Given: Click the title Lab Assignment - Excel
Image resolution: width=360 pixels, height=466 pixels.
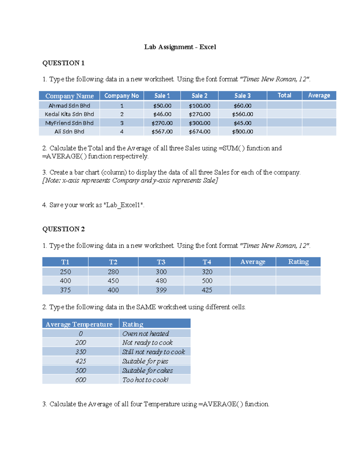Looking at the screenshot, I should point(180,47).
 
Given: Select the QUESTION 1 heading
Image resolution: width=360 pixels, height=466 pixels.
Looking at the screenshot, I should point(63,63).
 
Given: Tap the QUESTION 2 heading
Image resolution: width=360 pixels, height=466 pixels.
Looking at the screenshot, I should point(63,229).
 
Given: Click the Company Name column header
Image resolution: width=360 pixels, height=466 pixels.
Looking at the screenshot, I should point(69,96).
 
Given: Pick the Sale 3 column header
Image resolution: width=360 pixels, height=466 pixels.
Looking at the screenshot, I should point(242,96).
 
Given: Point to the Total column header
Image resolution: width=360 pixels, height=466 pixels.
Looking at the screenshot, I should point(284,95).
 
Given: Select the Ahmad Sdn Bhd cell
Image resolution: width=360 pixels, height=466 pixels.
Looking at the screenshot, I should point(69,106).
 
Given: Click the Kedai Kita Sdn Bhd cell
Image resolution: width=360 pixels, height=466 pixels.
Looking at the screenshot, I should point(69,114).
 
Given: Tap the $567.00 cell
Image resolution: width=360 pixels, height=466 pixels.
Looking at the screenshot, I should point(162,131).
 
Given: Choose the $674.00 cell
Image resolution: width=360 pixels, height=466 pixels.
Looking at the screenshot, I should point(199,131).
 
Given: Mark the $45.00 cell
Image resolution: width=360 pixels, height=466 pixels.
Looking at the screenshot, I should point(242,123).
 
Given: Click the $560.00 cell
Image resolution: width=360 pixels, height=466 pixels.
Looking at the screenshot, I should point(242,114).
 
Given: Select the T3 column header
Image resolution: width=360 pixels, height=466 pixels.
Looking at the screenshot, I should point(161,262).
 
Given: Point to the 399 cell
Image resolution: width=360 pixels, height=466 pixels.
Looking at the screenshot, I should point(161,290).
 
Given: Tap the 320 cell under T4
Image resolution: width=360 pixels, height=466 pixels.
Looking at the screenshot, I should point(207,272).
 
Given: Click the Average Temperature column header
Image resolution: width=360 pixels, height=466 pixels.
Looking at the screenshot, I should point(79,324).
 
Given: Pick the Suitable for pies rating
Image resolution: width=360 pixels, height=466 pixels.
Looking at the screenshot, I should point(145,361).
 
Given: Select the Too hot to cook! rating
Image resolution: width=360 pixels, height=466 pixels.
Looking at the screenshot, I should point(145,380).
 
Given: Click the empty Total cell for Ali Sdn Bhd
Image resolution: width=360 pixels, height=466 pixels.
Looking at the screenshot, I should point(284,131).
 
